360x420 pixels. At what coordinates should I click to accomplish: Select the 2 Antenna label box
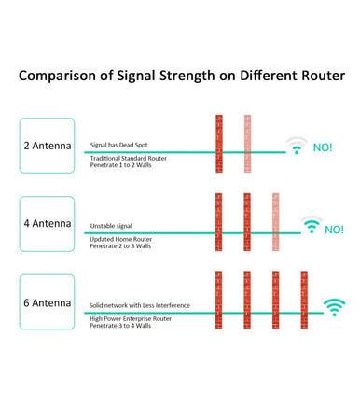47,147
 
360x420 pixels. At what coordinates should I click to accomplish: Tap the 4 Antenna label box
47,224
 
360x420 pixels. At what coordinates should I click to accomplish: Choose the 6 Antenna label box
47,303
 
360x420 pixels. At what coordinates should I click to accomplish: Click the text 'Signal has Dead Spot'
119,146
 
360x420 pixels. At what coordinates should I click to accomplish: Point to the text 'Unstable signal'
111,226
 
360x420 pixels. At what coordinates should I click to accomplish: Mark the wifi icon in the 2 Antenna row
297,147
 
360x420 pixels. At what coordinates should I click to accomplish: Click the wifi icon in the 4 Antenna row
311,226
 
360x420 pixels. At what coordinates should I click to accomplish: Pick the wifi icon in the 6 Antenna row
333,307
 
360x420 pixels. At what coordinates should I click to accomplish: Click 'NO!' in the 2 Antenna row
322,147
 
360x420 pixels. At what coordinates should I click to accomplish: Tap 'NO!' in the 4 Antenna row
334,229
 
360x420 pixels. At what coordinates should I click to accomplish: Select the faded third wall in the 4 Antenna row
275,224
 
